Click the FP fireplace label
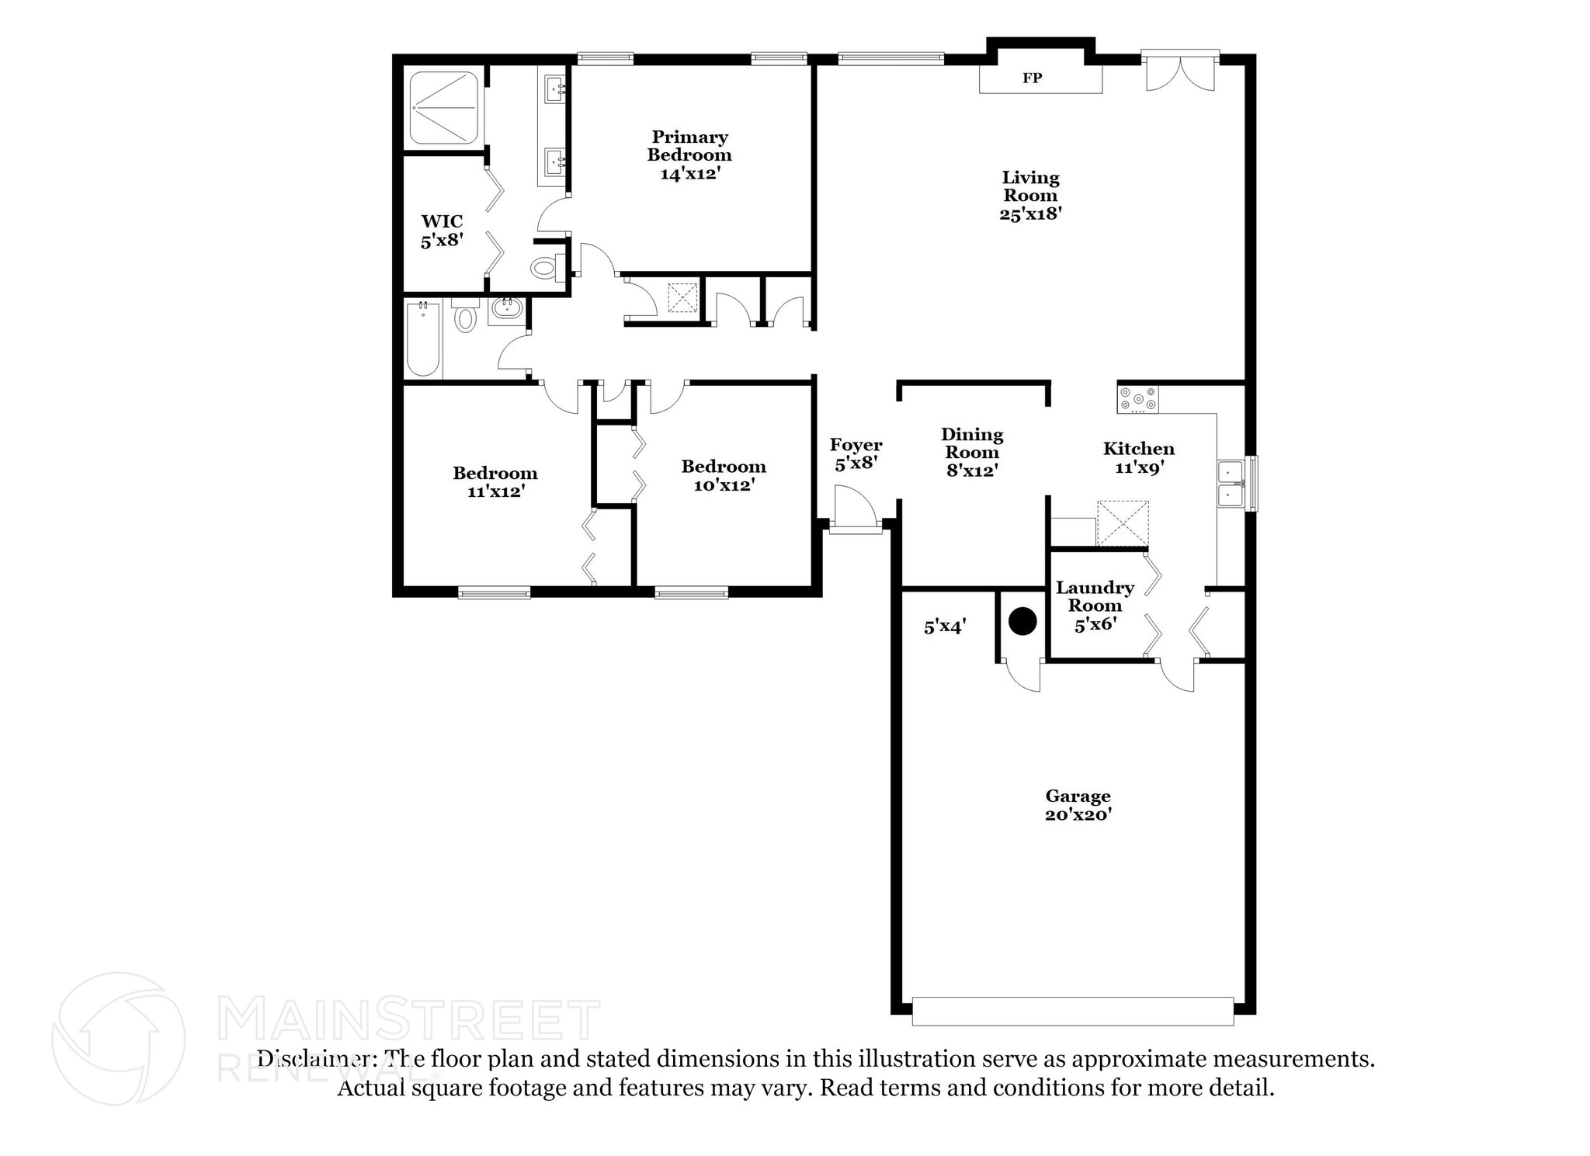[x=1031, y=78]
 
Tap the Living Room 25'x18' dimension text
[x=1029, y=213]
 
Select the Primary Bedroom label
[x=689, y=146]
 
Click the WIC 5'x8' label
[x=442, y=231]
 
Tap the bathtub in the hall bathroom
[x=424, y=339]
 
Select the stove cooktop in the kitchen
[x=1137, y=399]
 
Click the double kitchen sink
[x=1230, y=484]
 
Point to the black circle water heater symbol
[x=1022, y=622]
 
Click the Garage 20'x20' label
[x=1078, y=804]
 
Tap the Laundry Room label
[x=1095, y=596]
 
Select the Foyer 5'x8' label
[x=856, y=454]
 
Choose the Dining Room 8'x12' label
[x=972, y=452]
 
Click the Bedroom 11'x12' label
[x=495, y=481]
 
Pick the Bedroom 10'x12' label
[x=724, y=475]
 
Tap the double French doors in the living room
[x=1179, y=72]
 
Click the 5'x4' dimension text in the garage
[x=944, y=627]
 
